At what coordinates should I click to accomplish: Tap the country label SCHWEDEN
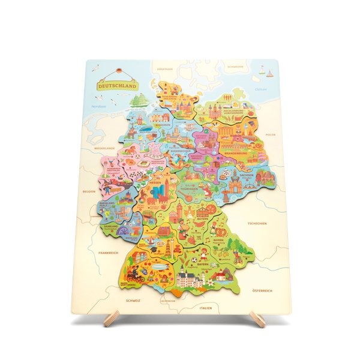click(x=235, y=67)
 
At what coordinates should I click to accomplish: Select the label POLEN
click(x=270, y=135)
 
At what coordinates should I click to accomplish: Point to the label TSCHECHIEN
click(x=256, y=223)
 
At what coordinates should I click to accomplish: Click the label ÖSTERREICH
click(x=262, y=290)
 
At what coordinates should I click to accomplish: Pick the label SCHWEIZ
click(x=133, y=300)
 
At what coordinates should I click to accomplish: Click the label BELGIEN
click(x=89, y=192)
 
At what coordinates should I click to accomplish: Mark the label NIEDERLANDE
click(x=104, y=147)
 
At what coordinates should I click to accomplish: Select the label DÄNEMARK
click(x=164, y=69)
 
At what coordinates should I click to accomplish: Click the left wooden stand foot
click(x=110, y=319)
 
